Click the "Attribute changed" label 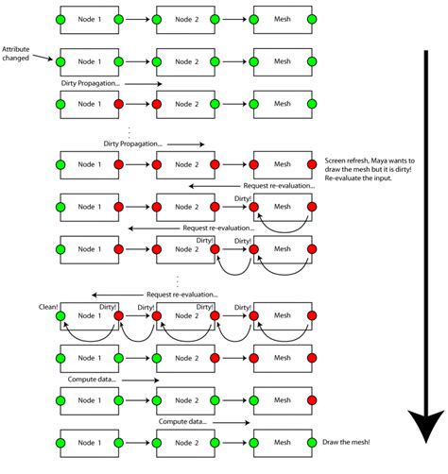[x=20, y=53]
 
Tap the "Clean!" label [x=49, y=306]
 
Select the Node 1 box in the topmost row [x=89, y=19]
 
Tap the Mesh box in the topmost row [x=283, y=19]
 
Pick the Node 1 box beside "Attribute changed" [x=89, y=61]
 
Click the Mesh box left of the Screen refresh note [x=283, y=162]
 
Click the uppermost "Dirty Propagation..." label [x=87, y=83]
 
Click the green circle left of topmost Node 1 [x=60, y=19]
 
